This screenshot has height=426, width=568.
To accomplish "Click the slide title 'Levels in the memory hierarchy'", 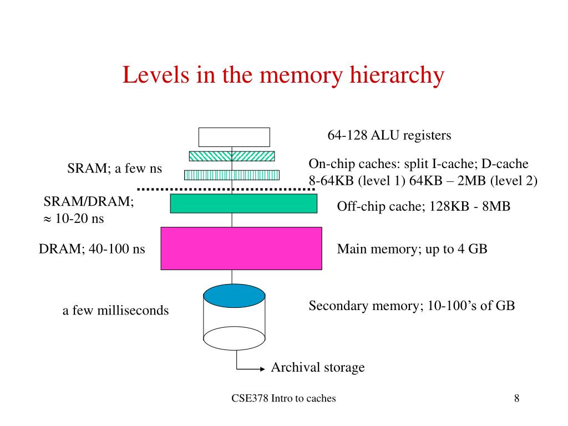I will click(283, 75).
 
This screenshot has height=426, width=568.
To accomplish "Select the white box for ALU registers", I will click(234, 137).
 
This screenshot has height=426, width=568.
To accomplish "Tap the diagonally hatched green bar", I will click(232, 156).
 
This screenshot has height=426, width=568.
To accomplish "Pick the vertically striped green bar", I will click(232, 175).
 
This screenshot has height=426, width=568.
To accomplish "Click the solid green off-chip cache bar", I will click(244, 204).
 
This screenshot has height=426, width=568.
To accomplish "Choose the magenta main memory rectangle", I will click(241, 248).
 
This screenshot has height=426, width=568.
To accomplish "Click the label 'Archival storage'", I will click(317, 367).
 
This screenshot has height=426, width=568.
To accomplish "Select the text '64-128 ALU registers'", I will click(389, 135).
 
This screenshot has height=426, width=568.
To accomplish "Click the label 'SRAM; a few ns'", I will click(114, 169).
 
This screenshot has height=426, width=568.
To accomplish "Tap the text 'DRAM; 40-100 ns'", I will click(92, 249).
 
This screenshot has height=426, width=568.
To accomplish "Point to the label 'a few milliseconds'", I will click(115, 311).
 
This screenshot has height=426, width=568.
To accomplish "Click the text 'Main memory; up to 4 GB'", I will click(412, 249).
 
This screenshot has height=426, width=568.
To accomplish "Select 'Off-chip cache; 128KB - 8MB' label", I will click(423, 206).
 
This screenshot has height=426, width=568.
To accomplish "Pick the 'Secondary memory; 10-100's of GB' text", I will click(412, 306).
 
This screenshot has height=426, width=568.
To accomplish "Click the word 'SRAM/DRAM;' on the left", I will click(89, 202).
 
